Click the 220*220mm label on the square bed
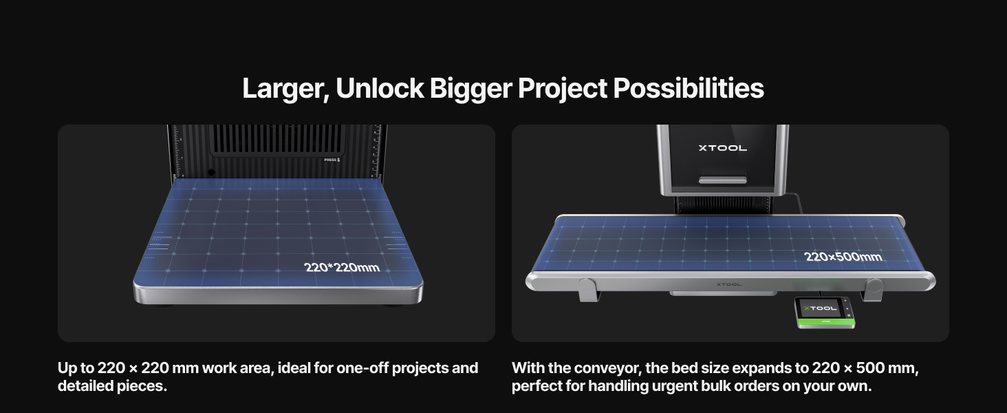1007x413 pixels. tap(341, 267)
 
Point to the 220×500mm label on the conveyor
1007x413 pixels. tap(843, 257)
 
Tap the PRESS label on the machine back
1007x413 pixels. tap(332, 160)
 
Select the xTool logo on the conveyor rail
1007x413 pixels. tap(728, 283)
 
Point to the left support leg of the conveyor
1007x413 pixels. tap(587, 290)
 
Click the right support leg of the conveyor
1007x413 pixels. tap(874, 289)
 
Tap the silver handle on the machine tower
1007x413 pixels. tap(722, 180)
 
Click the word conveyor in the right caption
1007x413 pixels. tap(605, 368)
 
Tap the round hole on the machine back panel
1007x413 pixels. tap(211, 172)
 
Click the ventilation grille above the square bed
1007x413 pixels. tap(275, 141)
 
